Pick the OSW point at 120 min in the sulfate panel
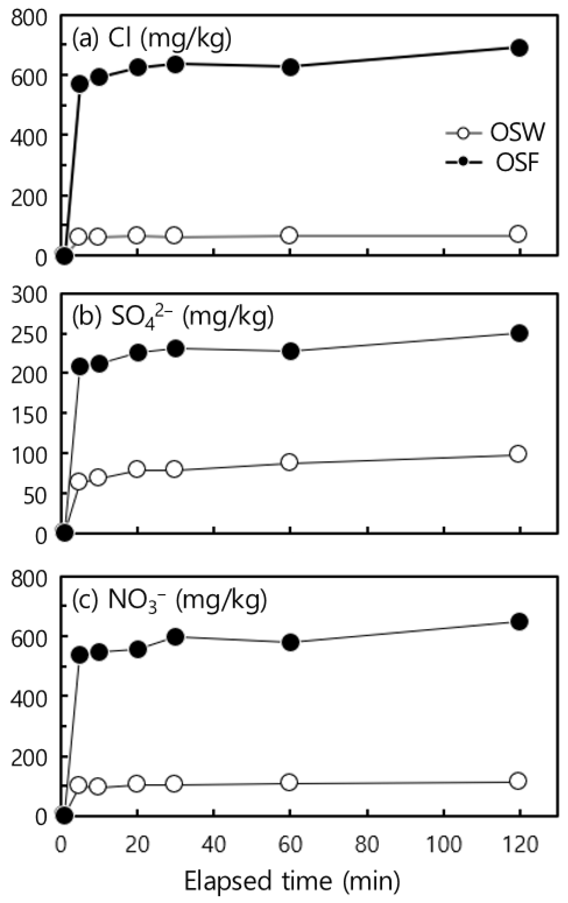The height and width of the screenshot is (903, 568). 518,454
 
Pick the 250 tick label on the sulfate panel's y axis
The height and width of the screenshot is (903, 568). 29,333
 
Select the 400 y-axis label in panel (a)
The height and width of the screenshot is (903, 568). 29,134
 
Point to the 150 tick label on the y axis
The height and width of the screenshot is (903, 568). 29,413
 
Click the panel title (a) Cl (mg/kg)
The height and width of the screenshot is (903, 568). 152,38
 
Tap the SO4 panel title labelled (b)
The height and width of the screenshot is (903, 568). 172,316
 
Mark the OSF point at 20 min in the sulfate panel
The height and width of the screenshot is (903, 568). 138,353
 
